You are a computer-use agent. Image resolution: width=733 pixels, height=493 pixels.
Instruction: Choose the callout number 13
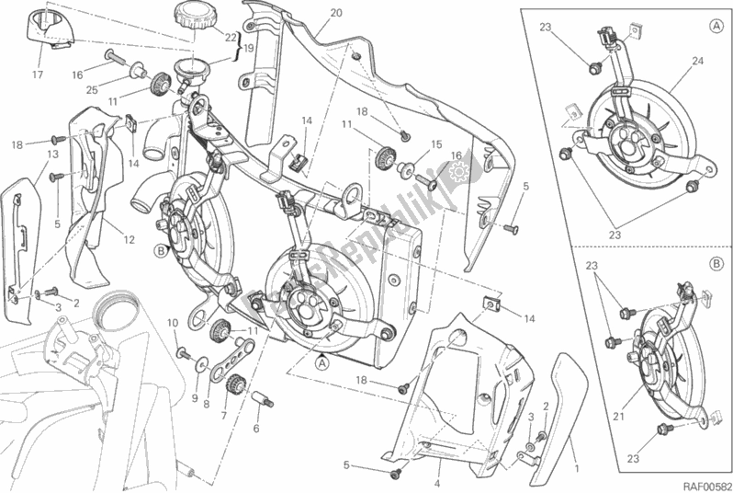pyautogui.click(x=53, y=154)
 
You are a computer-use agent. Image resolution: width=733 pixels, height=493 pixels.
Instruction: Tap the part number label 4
pyautogui.click(x=438, y=483)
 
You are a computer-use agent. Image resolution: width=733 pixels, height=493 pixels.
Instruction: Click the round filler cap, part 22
pyautogui.click(x=192, y=16)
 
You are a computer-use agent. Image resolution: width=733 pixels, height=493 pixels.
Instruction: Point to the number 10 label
pyautogui.click(x=171, y=322)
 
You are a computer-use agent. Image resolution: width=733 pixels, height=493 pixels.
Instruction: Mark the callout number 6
pyautogui.click(x=256, y=429)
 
